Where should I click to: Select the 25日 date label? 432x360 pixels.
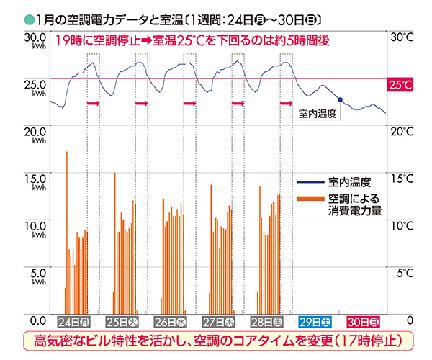[122, 320]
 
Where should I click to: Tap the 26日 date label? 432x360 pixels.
[170, 320]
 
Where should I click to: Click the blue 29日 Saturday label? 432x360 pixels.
[315, 320]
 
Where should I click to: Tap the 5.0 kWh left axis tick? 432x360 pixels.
[35, 274]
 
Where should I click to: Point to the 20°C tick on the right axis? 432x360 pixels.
[400, 131]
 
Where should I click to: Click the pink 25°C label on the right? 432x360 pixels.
[400, 85]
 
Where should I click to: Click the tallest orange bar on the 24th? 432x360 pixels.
[67, 230]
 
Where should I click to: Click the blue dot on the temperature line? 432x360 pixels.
[340, 99]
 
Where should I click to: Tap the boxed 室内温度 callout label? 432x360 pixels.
[318, 113]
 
